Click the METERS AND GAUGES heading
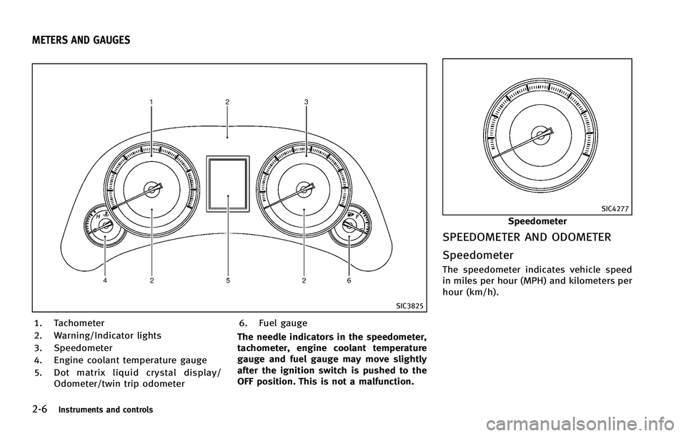point(81,40)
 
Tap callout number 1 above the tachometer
point(151,102)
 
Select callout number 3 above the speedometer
point(307,102)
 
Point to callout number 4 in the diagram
point(104,281)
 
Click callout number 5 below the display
point(228,281)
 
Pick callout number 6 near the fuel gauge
point(349,281)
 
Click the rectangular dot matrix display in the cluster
point(228,184)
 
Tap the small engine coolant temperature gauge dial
point(104,226)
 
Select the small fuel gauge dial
point(350,226)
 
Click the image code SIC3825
point(409,306)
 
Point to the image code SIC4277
point(615,209)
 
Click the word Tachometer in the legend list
point(79,323)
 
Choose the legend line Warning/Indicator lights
point(108,335)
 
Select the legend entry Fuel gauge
point(283,323)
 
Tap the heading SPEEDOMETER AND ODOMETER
point(527,238)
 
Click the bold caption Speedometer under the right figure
point(537,221)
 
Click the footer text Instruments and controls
point(106,410)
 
